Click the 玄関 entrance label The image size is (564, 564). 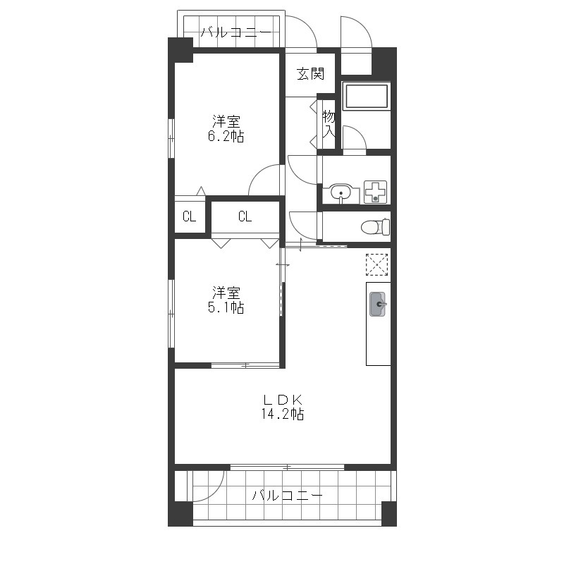click(310, 74)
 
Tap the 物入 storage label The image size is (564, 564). click(329, 124)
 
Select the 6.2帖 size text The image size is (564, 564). click(226, 137)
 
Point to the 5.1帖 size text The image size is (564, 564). click(226, 308)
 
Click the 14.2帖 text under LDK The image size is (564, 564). click(283, 415)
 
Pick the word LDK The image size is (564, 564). click(283, 399)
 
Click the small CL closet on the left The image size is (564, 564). click(189, 216)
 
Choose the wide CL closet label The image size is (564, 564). click(245, 216)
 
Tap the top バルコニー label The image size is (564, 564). click(235, 32)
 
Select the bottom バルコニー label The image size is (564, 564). click(287, 496)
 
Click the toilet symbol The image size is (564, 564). click(376, 226)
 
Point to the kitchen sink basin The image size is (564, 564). click(378, 305)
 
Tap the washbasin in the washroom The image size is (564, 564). click(341, 193)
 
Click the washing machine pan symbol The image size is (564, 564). click(376, 192)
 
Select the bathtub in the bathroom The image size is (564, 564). click(366, 96)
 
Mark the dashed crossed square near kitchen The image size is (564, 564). click(376, 265)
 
